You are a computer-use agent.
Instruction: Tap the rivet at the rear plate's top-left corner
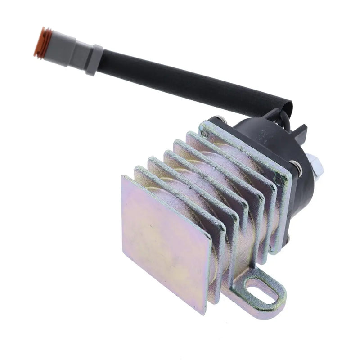click(x=205, y=134)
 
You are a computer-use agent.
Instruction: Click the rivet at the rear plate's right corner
click(x=282, y=180)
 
